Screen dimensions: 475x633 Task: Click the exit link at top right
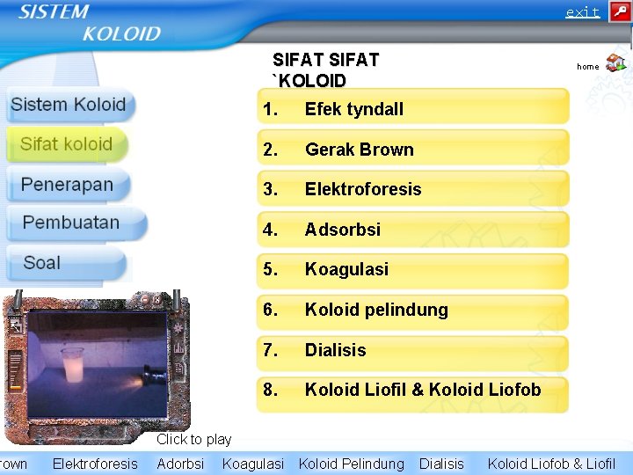pos(582,12)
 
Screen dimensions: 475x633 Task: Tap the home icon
pos(615,62)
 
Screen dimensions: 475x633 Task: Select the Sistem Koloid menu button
pos(69,105)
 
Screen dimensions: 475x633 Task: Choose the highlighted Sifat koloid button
pos(67,144)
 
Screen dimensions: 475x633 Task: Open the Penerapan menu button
pos(68,185)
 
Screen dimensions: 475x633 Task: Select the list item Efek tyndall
pos(412,109)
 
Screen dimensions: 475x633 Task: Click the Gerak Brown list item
pos(412,150)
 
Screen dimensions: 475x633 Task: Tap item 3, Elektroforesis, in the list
pos(412,189)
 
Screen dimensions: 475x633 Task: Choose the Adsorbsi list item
pos(412,230)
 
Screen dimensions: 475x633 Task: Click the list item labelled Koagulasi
pos(412,269)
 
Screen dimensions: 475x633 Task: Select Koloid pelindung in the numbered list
pos(412,310)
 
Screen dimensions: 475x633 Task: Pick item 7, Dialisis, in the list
pos(412,350)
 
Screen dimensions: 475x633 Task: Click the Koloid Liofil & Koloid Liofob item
pos(412,390)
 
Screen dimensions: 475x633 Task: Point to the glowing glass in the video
pos(72,364)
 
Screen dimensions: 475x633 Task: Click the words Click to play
pos(193,439)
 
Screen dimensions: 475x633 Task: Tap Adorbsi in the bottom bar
pos(180,464)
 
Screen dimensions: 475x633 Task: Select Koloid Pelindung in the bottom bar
pos(352,464)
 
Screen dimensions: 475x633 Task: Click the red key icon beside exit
pos(619,11)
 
